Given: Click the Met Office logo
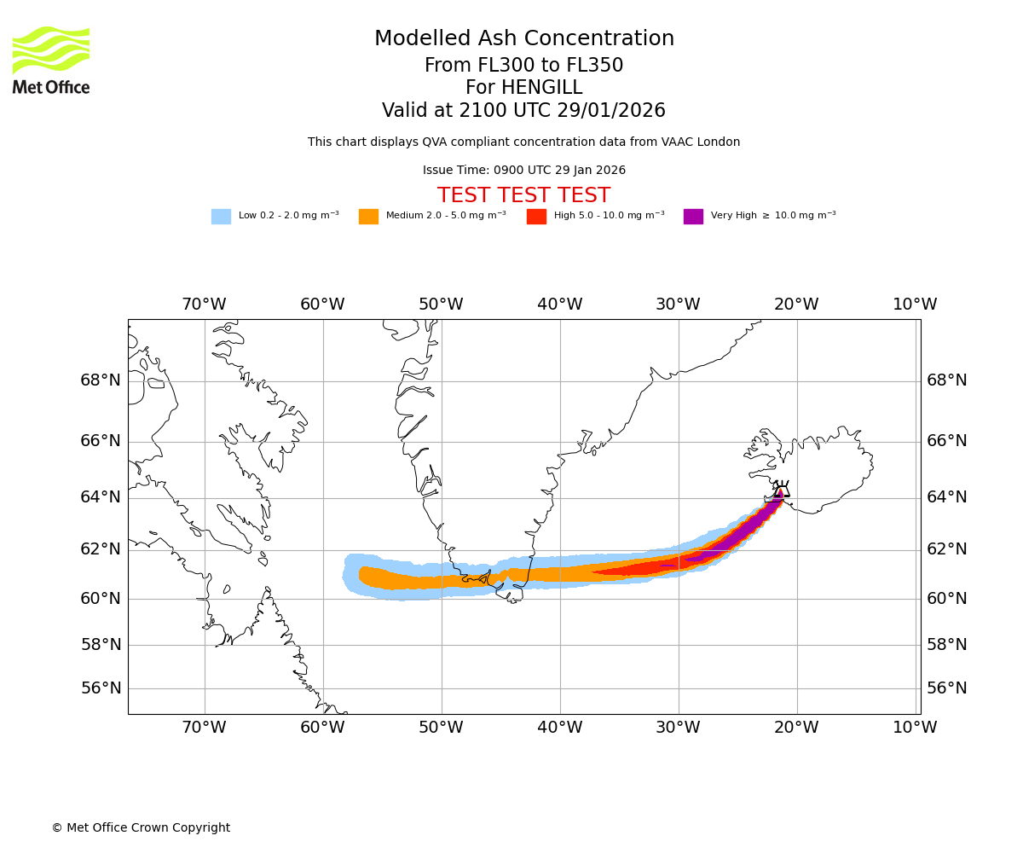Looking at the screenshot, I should pos(51,60).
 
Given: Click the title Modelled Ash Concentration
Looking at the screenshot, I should pos(524,39).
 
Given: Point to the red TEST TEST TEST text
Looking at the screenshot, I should pos(523,195).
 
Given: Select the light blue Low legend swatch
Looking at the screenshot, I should pos(221,217).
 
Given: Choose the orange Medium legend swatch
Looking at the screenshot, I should pos(368,217).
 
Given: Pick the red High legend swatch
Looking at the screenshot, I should pos(536,217).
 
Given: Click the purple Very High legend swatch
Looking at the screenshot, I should pos(693,217).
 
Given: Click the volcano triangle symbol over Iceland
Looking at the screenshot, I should pos(781,490).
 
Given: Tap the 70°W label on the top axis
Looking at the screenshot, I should pos(204,305).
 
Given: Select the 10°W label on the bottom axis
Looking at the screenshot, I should pos(915,728).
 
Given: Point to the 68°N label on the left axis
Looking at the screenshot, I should pos(101,380).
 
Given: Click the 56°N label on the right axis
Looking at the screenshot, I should pos(947,688).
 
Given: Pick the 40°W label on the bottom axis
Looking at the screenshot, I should pos(560,728).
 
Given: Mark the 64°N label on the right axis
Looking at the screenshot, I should pos(947,497).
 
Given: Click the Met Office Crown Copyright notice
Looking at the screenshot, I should pos(141,827).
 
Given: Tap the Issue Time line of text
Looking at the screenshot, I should pos(523,171).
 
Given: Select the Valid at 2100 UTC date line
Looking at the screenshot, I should pos(523,111).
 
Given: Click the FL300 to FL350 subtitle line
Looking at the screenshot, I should pos(523,66).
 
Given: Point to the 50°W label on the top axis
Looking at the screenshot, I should pos(441,305).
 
